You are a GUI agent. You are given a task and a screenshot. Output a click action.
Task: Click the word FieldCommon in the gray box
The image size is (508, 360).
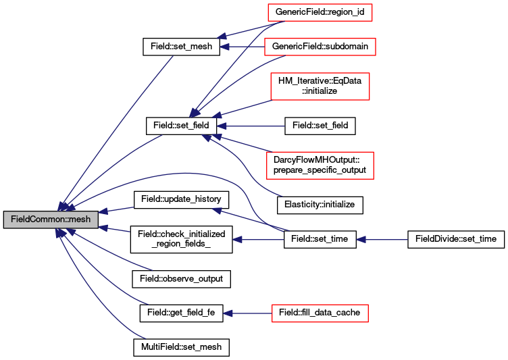point(34,220)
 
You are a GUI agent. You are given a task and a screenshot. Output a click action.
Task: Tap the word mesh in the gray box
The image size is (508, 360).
point(80,220)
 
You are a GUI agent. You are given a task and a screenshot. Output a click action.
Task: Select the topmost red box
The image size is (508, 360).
point(320,12)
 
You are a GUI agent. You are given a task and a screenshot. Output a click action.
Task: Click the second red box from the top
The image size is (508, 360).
point(320,47)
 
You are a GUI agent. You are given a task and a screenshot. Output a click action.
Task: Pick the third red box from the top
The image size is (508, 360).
point(320,86)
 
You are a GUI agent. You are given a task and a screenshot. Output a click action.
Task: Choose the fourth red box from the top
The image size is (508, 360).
point(320,165)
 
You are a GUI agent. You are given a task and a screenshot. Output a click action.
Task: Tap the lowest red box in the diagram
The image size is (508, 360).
point(320,313)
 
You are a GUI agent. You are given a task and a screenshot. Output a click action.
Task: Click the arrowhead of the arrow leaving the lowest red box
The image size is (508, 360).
point(228,313)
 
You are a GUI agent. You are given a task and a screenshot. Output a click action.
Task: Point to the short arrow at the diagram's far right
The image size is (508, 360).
point(382,240)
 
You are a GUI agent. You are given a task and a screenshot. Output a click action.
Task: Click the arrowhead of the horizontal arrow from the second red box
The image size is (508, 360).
point(225,47)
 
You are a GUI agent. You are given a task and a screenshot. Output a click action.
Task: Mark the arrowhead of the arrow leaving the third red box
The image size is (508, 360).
point(216,117)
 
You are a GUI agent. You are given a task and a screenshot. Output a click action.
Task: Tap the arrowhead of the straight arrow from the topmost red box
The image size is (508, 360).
point(222,37)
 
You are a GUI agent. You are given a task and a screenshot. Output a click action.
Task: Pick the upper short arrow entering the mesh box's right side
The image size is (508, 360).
point(116,211)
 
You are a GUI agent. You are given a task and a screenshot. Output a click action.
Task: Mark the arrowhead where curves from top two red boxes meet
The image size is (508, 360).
point(194,112)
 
